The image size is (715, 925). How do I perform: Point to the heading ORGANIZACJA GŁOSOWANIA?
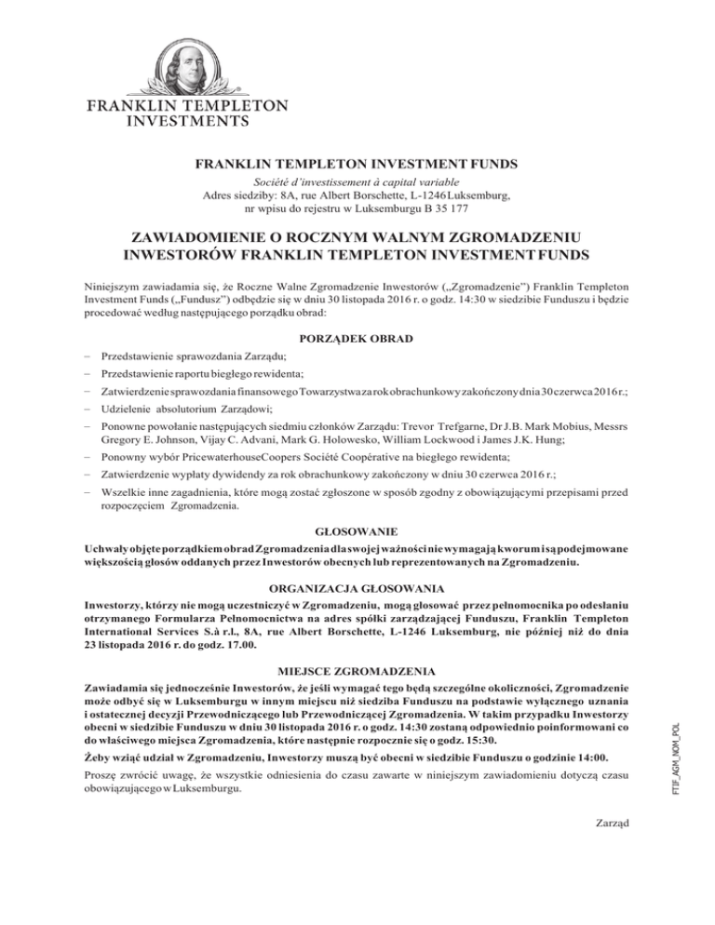pyautogui.click(x=357, y=589)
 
